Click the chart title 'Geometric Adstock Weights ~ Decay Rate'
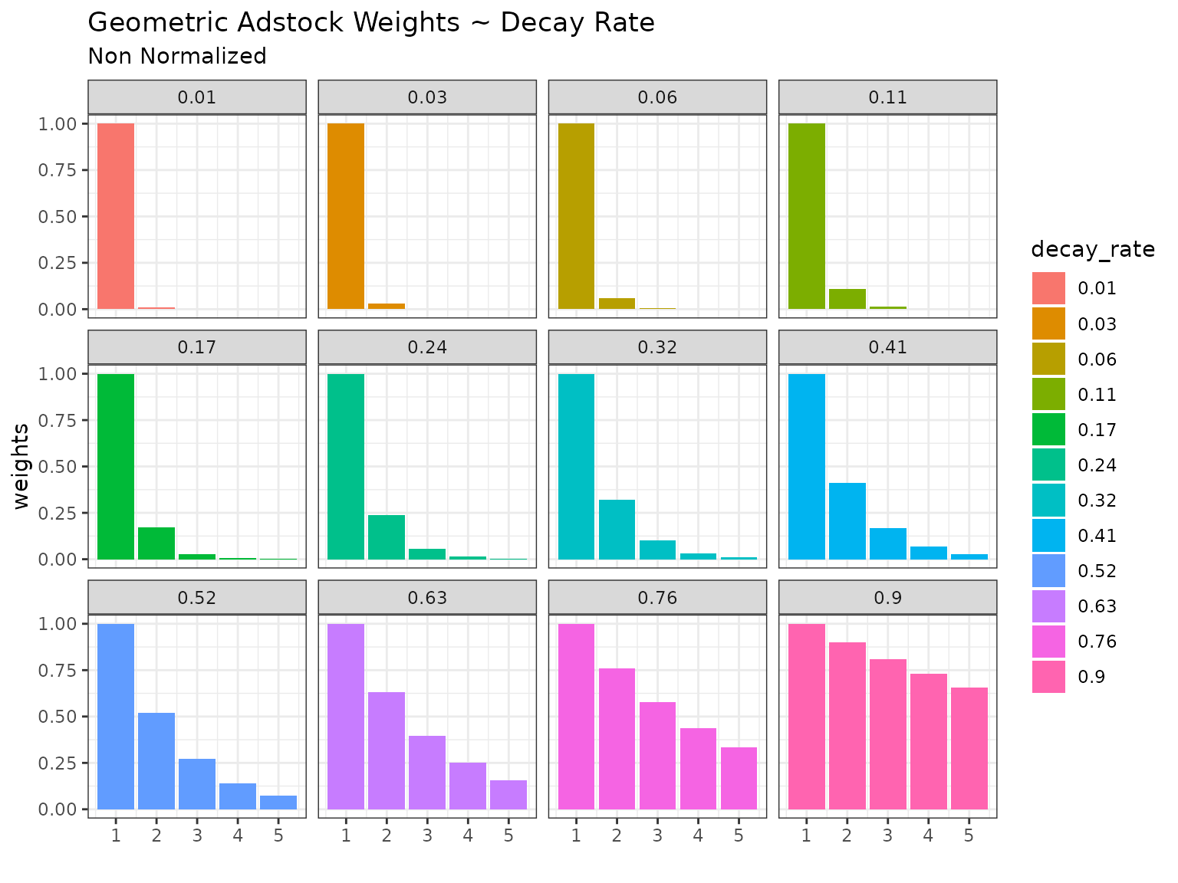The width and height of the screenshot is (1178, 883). pyautogui.click(x=371, y=23)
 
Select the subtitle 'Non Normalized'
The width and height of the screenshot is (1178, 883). pyautogui.click(x=177, y=57)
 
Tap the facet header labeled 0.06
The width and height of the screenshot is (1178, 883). pyautogui.click(x=657, y=97)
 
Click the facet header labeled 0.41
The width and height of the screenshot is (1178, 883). pyautogui.click(x=887, y=347)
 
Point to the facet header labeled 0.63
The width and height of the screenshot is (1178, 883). pyautogui.click(x=427, y=598)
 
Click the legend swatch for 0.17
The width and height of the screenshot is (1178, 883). pyautogui.click(x=1048, y=430)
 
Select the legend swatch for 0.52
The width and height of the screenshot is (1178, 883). pyautogui.click(x=1048, y=571)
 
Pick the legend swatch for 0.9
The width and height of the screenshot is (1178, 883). pyautogui.click(x=1048, y=677)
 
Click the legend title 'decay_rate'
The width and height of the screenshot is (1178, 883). pyautogui.click(x=1093, y=250)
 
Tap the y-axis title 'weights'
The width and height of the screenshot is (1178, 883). pyautogui.click(x=21, y=466)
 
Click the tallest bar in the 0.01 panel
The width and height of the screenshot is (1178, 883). pyautogui.click(x=116, y=216)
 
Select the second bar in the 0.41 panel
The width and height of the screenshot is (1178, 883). pyautogui.click(x=847, y=521)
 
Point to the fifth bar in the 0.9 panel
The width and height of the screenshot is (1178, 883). pyautogui.click(x=969, y=748)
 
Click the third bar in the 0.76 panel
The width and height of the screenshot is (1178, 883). pyautogui.click(x=657, y=755)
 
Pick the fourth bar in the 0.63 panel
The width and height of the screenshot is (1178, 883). pyautogui.click(x=468, y=786)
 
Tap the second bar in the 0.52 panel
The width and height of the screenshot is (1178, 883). pyautogui.click(x=156, y=760)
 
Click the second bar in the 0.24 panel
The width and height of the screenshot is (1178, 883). pyautogui.click(x=387, y=537)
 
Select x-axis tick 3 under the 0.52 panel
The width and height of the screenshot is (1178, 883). pyautogui.click(x=197, y=835)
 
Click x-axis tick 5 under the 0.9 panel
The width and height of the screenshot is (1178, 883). pyautogui.click(x=969, y=835)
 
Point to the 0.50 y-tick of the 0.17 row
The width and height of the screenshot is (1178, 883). pyautogui.click(x=58, y=467)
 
